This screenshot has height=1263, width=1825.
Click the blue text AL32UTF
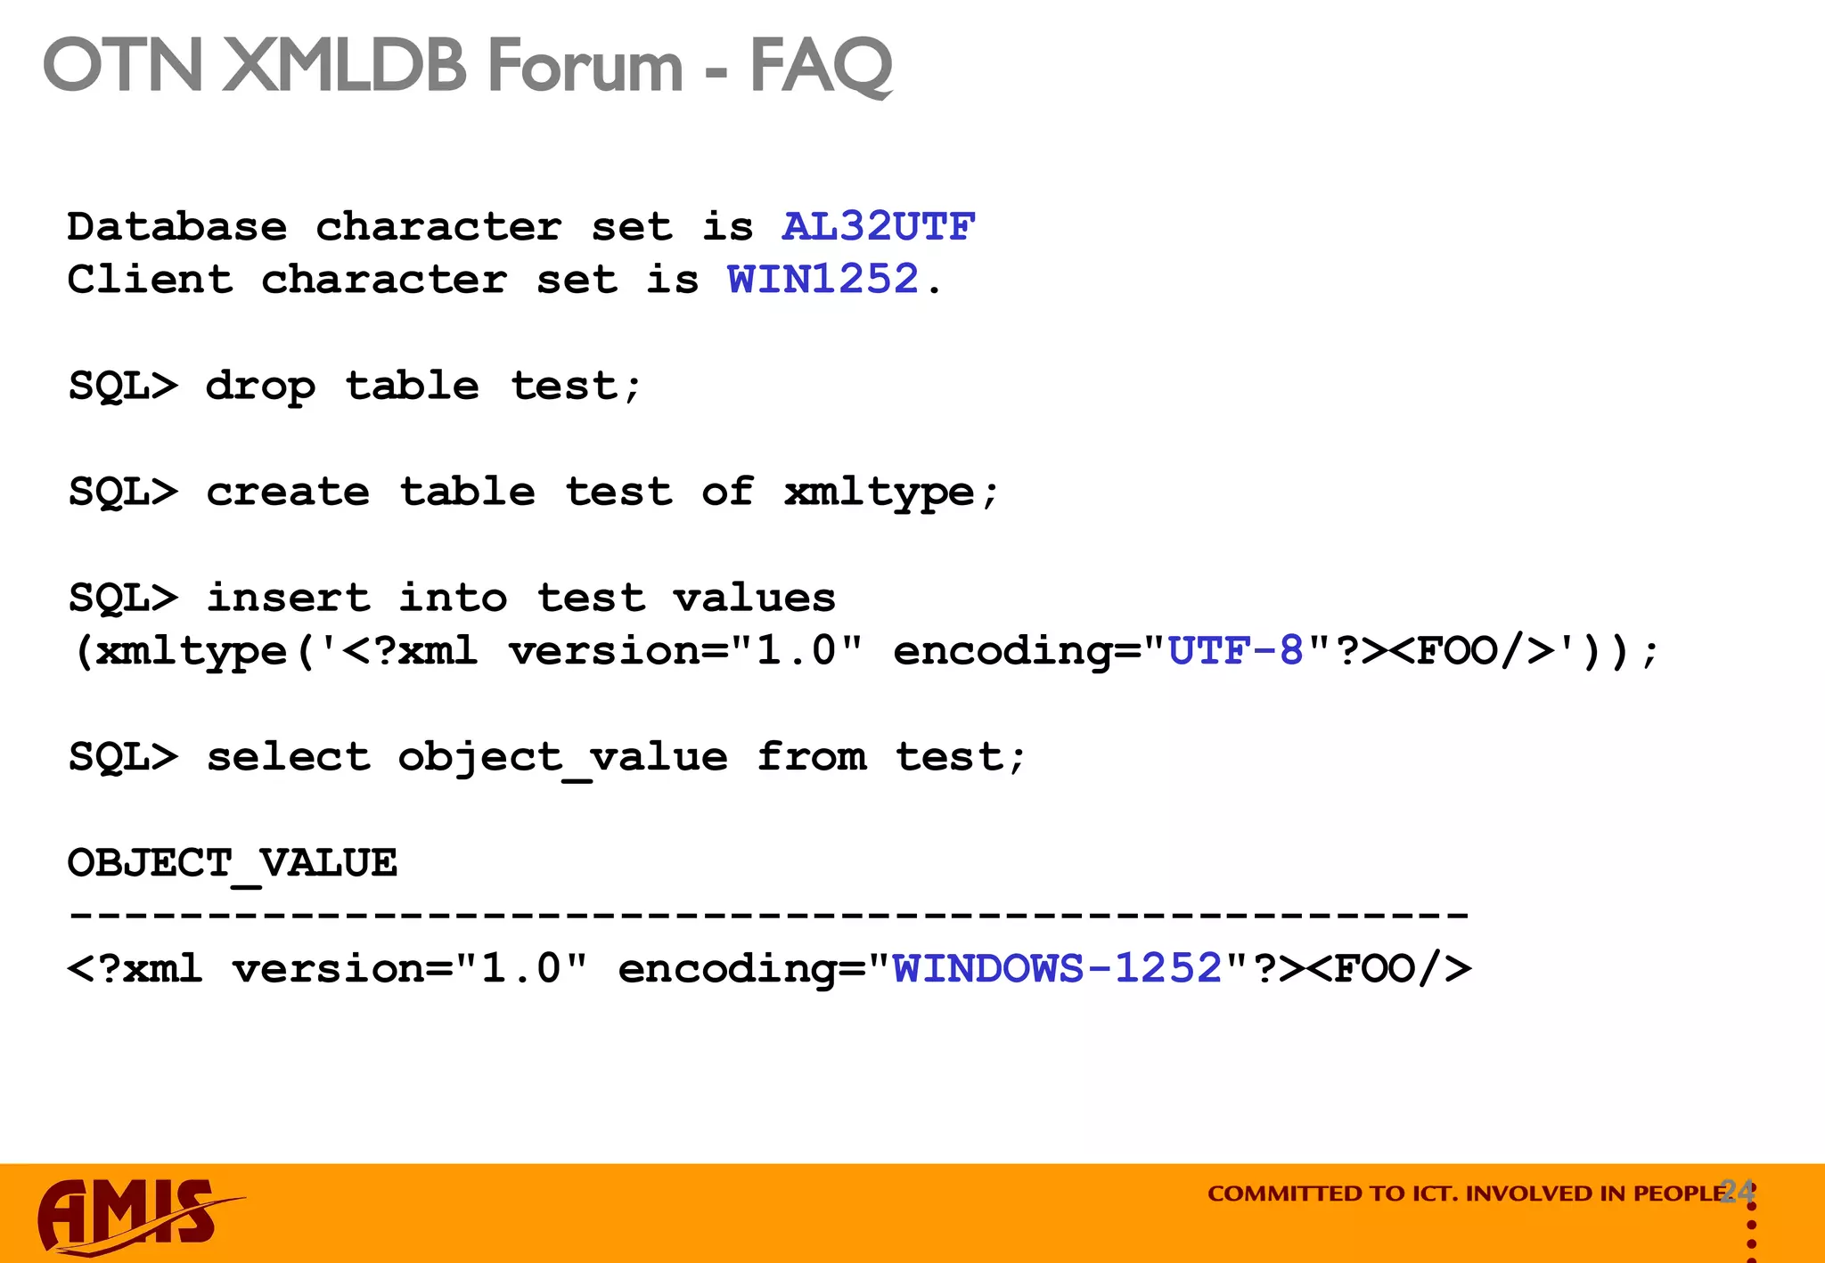click(x=878, y=227)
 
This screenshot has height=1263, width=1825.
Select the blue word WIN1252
click(x=822, y=280)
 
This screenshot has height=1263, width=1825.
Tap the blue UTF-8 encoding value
click(x=1235, y=651)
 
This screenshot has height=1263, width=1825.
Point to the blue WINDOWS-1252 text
click(x=1057, y=969)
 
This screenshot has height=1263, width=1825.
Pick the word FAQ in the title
click(x=821, y=67)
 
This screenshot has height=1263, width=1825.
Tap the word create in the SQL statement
click(x=288, y=493)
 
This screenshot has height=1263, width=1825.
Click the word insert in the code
click(x=288, y=598)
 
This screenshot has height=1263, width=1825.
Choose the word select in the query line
click(x=288, y=757)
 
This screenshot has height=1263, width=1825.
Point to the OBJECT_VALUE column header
click(x=233, y=863)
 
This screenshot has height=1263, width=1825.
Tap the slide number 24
click(x=1737, y=1190)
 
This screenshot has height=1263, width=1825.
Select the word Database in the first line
click(x=177, y=227)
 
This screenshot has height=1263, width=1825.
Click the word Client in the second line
click(x=150, y=280)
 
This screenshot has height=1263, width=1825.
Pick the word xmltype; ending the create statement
click(x=891, y=493)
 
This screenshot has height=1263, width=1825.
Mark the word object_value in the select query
click(x=562, y=757)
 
